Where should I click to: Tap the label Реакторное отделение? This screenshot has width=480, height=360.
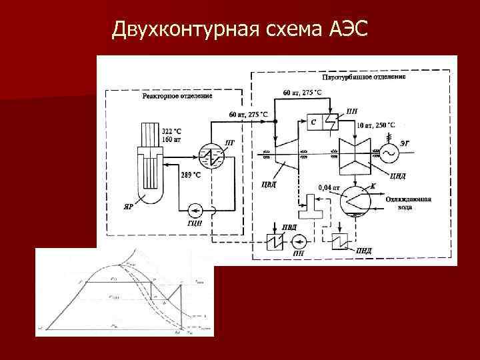(x=177, y=96)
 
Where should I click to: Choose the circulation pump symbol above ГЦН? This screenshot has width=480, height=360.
(x=195, y=211)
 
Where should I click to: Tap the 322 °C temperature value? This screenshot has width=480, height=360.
(x=172, y=132)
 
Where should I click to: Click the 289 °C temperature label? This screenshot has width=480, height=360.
(x=191, y=175)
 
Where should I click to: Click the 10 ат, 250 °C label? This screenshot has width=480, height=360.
(x=375, y=125)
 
